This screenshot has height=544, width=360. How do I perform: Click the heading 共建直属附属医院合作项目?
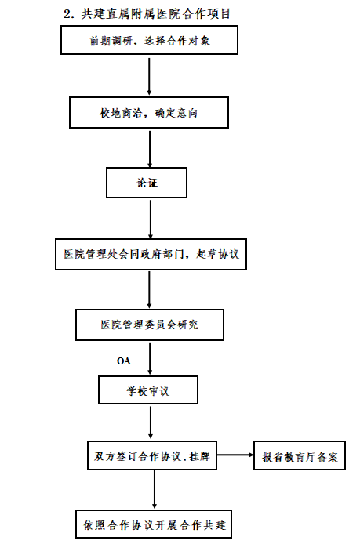156,14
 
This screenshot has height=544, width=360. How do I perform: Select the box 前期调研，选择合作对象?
149,40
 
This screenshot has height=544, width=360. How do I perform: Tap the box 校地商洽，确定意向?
149,112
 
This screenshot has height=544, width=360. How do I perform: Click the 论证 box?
147,183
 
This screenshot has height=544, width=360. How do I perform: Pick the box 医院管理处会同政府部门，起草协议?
151,254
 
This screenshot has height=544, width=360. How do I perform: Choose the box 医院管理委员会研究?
150,325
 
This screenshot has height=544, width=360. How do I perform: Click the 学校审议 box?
148,390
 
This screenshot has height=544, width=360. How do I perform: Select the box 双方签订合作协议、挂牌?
152,455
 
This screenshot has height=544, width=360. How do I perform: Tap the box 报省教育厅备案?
300,455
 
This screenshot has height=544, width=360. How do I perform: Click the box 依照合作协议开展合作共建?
154,524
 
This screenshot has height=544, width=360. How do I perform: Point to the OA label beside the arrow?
124,361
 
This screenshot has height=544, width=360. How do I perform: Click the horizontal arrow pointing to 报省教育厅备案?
235,455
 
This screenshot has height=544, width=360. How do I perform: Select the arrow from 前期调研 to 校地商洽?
149,76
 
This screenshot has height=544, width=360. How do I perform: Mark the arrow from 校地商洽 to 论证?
150,149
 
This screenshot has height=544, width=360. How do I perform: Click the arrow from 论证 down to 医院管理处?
151,219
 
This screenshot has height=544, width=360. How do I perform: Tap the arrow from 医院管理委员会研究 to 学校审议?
150,358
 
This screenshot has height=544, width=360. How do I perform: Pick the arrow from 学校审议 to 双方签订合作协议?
151,423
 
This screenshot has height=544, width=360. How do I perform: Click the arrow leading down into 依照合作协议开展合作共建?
155,490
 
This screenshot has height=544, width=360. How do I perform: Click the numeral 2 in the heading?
67,14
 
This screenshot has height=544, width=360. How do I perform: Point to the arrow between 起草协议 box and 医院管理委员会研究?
149,290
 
